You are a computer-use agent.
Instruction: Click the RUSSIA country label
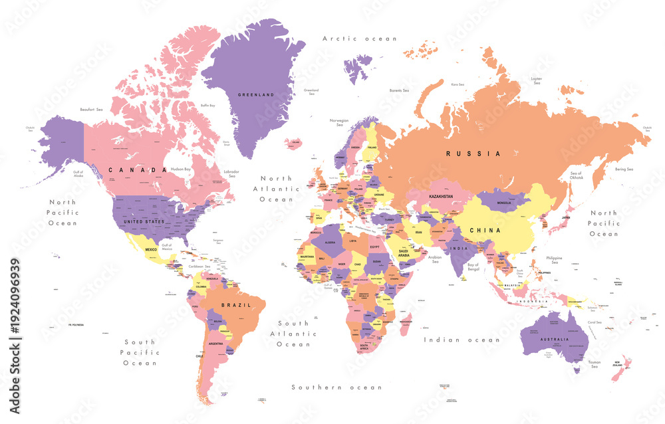(473, 154)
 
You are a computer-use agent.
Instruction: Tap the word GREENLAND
(256, 95)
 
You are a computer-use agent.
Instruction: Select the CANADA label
(138, 170)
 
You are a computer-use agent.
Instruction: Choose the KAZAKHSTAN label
(440, 197)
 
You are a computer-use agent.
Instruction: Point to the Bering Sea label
(623, 169)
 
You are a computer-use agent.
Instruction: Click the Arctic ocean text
(359, 39)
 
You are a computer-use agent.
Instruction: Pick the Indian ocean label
(462, 340)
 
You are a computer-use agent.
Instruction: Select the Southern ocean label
(337, 387)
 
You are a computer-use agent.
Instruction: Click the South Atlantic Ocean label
(293, 334)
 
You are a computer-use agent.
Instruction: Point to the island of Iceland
(293, 142)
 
